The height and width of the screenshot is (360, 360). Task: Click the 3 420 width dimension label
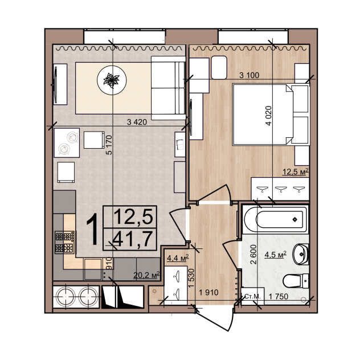click(x=137, y=122)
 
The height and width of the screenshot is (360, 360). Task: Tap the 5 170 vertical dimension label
click(x=109, y=145)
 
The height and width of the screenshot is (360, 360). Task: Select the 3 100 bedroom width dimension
click(x=249, y=75)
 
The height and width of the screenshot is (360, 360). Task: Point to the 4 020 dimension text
click(x=268, y=116)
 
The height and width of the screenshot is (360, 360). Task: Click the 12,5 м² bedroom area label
click(x=295, y=171)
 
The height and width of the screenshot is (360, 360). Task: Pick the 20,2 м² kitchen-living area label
click(x=146, y=275)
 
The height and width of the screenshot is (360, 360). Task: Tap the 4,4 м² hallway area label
click(x=178, y=258)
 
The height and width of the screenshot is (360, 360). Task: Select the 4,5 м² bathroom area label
click(x=276, y=255)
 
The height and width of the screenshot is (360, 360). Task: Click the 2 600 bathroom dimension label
click(x=253, y=255)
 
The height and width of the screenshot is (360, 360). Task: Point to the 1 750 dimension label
click(x=279, y=297)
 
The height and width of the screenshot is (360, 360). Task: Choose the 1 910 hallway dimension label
click(x=208, y=293)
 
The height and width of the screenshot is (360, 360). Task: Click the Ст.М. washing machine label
click(x=252, y=296)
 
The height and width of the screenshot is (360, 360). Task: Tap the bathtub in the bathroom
click(x=276, y=219)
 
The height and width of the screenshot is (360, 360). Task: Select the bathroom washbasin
click(x=300, y=255)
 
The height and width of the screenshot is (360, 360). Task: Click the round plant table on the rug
click(x=112, y=80)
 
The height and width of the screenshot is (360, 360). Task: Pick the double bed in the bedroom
click(x=271, y=114)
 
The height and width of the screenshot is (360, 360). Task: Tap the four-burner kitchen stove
click(x=64, y=242)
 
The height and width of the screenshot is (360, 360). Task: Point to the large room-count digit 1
click(x=93, y=229)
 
